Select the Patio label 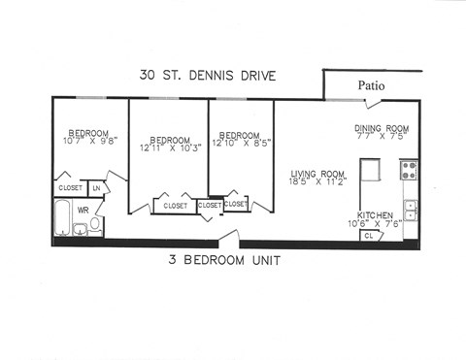[x=370, y=85]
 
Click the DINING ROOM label [x=382, y=127]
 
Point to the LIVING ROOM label [x=318, y=175]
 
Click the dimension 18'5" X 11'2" [x=319, y=182]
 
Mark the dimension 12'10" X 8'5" [x=239, y=144]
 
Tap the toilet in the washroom [x=96, y=223]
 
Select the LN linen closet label [x=97, y=187]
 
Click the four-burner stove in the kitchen [x=409, y=171]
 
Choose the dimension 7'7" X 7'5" [x=382, y=136]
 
